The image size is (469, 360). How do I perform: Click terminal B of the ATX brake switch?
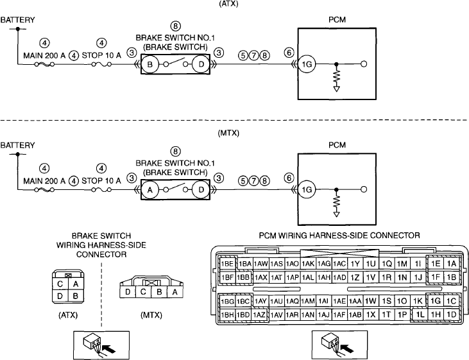click(150, 64)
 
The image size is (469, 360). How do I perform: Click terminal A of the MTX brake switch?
click(150, 189)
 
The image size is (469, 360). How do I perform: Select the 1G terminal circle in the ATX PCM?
click(307, 64)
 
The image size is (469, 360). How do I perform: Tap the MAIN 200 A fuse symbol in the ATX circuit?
click(44, 64)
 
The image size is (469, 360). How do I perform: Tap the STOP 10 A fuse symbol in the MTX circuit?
click(101, 190)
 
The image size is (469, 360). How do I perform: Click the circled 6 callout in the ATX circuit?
click(289, 53)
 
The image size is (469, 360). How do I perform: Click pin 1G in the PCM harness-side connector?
click(435, 301)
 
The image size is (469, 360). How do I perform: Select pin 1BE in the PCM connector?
click(227, 264)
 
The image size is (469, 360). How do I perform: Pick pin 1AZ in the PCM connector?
click(259, 314)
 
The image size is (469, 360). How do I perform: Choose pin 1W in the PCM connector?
click(371, 301)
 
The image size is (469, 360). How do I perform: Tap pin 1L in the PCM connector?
click(420, 314)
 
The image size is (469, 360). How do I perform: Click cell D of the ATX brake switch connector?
click(60, 296)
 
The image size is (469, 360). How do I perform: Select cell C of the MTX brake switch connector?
click(143, 291)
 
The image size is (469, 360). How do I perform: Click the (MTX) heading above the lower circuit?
click(228, 133)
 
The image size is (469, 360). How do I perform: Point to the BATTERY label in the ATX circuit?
click(18, 20)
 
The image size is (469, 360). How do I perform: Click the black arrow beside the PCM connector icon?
click(348, 348)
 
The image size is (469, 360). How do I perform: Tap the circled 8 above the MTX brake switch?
click(175, 151)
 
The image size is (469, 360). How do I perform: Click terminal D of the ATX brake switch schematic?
click(201, 64)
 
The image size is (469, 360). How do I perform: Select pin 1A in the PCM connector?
click(451, 264)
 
